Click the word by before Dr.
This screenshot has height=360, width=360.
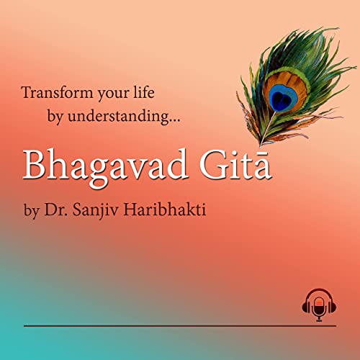point(30,213)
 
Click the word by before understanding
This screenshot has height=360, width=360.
point(57,116)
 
